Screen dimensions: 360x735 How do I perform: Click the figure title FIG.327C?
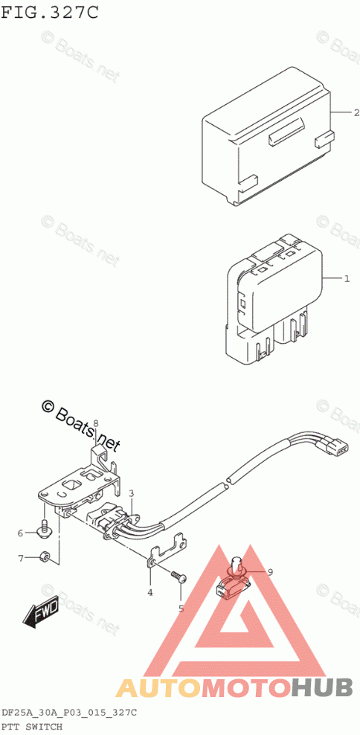(x=50, y=12)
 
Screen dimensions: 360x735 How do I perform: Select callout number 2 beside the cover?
(x=356, y=112)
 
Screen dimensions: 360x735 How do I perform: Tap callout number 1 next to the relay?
(x=347, y=279)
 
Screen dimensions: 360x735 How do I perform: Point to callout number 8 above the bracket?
(x=95, y=423)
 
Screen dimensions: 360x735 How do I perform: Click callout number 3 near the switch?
(x=132, y=492)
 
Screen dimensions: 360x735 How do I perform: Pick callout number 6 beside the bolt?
(x=21, y=533)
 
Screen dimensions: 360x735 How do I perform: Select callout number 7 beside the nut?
(x=21, y=558)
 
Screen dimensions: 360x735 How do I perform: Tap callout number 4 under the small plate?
(x=150, y=593)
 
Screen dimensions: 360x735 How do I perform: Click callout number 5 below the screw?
(x=181, y=609)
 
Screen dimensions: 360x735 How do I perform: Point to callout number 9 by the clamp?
(x=271, y=571)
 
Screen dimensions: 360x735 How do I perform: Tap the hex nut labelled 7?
(x=45, y=556)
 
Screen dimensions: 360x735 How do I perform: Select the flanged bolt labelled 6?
(x=44, y=527)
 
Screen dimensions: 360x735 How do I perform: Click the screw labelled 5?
(x=178, y=576)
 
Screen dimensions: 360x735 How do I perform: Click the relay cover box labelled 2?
(x=267, y=136)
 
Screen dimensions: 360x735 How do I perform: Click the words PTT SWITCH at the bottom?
(x=32, y=727)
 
